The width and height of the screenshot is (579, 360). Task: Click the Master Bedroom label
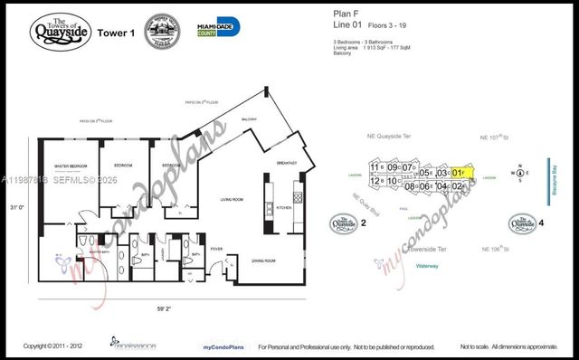click(69, 166)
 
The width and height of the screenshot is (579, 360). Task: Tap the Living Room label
click(233, 198)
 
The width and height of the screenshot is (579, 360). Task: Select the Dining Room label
click(263, 260)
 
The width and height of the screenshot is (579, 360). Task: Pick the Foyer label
click(217, 249)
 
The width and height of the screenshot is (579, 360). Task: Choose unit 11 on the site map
click(375, 167)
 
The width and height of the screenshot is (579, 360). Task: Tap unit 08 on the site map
click(409, 186)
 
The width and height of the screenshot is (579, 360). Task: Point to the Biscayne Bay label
click(554, 180)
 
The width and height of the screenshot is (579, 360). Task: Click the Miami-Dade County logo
click(218, 27)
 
